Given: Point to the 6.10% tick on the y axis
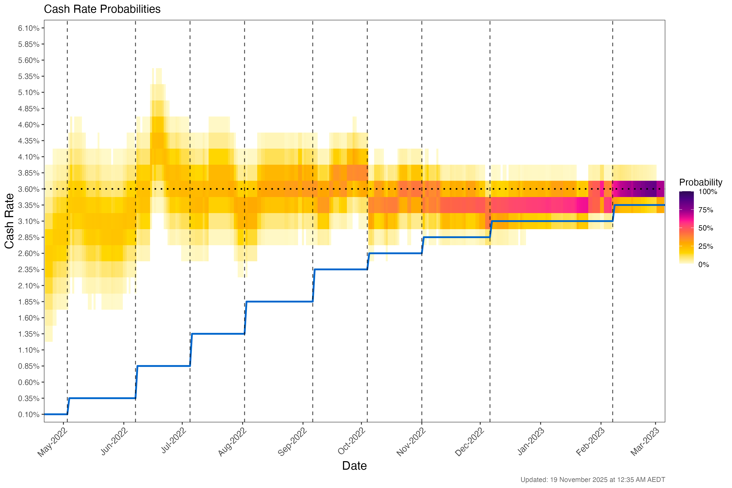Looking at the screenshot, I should [x=29, y=28].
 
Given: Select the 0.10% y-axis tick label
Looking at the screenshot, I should [x=29, y=415].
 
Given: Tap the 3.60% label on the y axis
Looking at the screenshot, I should [x=29, y=189].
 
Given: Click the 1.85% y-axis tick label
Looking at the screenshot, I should [x=29, y=302].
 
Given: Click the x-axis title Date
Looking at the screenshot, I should [x=354, y=466].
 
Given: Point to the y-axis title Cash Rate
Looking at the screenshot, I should [x=9, y=221].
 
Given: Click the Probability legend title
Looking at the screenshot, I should [x=700, y=182].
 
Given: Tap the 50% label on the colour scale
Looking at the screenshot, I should [x=706, y=228].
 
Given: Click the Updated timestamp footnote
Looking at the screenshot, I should [x=593, y=480].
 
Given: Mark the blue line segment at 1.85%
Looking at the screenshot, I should [x=279, y=302].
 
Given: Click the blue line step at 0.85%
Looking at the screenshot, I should [x=163, y=366].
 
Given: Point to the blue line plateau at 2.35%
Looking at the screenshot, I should [x=341, y=270].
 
